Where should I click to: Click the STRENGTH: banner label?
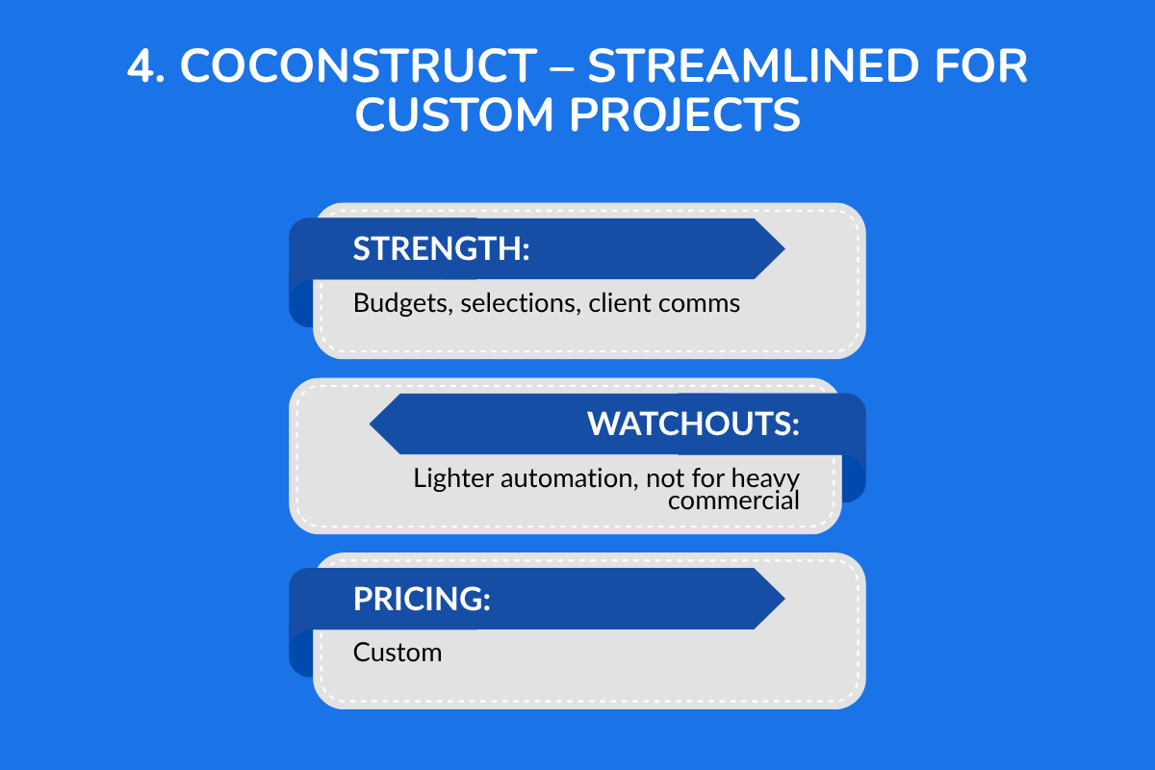(442, 249)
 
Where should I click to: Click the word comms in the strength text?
(699, 303)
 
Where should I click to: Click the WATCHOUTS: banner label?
(693, 424)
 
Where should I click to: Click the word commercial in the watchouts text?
(733, 500)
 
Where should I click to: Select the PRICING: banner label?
(422, 599)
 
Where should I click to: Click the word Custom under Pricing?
(398, 653)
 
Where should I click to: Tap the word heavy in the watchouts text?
(766, 478)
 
